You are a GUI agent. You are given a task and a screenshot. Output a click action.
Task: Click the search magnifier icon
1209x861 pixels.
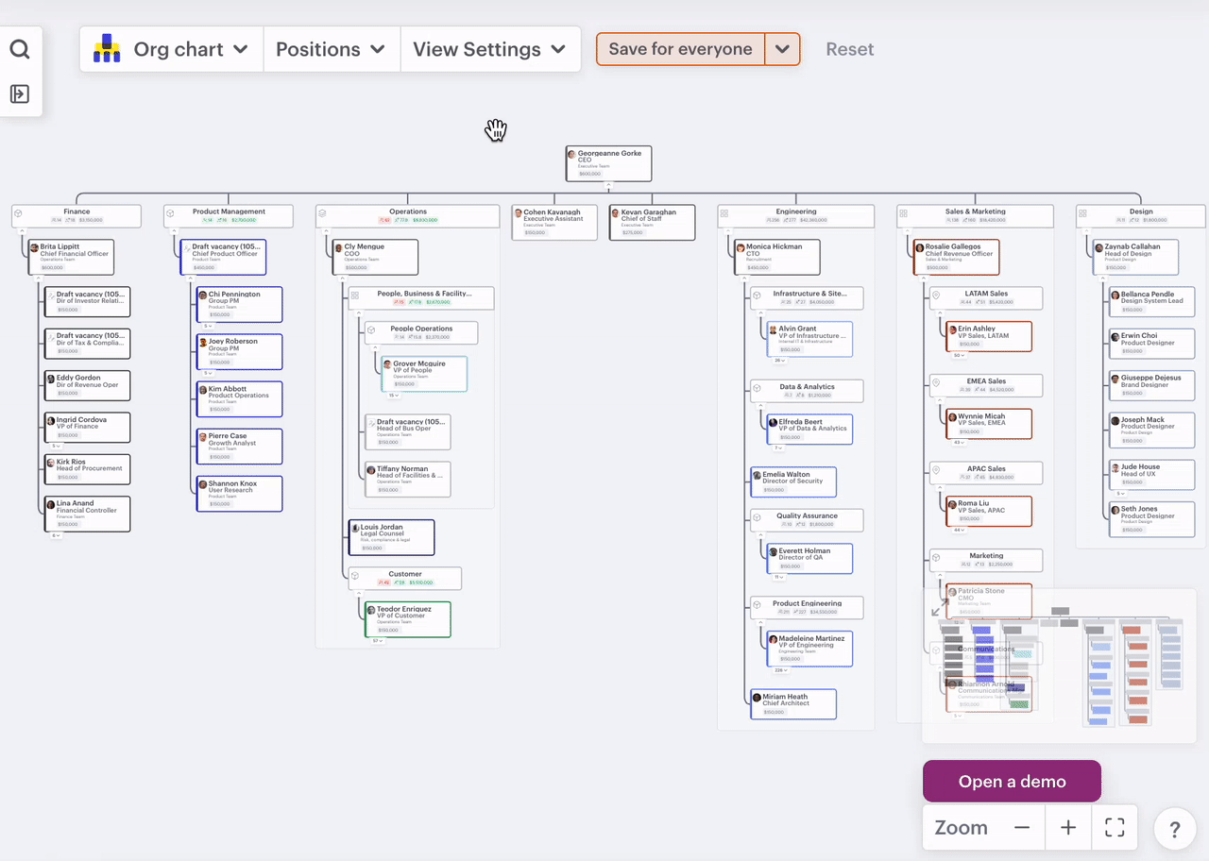pos(20,49)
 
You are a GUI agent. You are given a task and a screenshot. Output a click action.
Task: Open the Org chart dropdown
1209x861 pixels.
pos(171,49)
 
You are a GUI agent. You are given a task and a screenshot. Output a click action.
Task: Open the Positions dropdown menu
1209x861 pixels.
pos(331,49)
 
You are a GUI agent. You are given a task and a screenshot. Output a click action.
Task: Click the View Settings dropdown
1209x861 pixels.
pos(489,49)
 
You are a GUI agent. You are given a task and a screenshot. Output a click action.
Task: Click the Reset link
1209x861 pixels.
pos(849,49)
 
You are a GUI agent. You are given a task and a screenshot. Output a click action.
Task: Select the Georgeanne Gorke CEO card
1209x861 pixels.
pos(609,163)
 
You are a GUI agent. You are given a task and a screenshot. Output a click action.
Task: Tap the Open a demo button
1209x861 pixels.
pos(1012,782)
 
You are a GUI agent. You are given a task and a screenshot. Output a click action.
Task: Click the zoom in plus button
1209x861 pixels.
pos(1068,828)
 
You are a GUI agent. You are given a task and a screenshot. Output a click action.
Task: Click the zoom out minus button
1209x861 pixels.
pos(1022,828)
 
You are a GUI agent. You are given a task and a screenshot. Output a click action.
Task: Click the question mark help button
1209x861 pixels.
pos(1175,830)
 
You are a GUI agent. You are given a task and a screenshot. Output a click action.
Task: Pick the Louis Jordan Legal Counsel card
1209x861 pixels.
pos(391,537)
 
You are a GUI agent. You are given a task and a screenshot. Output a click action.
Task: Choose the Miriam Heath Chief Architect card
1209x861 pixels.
pos(793,704)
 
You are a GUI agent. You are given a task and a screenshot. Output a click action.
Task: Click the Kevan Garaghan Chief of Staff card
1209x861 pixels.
pos(652,222)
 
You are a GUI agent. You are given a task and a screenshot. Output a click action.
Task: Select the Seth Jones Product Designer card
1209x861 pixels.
pos(1151,519)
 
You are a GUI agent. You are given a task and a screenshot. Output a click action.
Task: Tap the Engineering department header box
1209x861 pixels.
pos(796,216)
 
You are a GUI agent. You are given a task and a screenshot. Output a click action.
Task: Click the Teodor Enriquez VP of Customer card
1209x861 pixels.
pos(407,619)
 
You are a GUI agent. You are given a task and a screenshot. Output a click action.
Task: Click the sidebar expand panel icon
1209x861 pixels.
pos(20,93)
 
